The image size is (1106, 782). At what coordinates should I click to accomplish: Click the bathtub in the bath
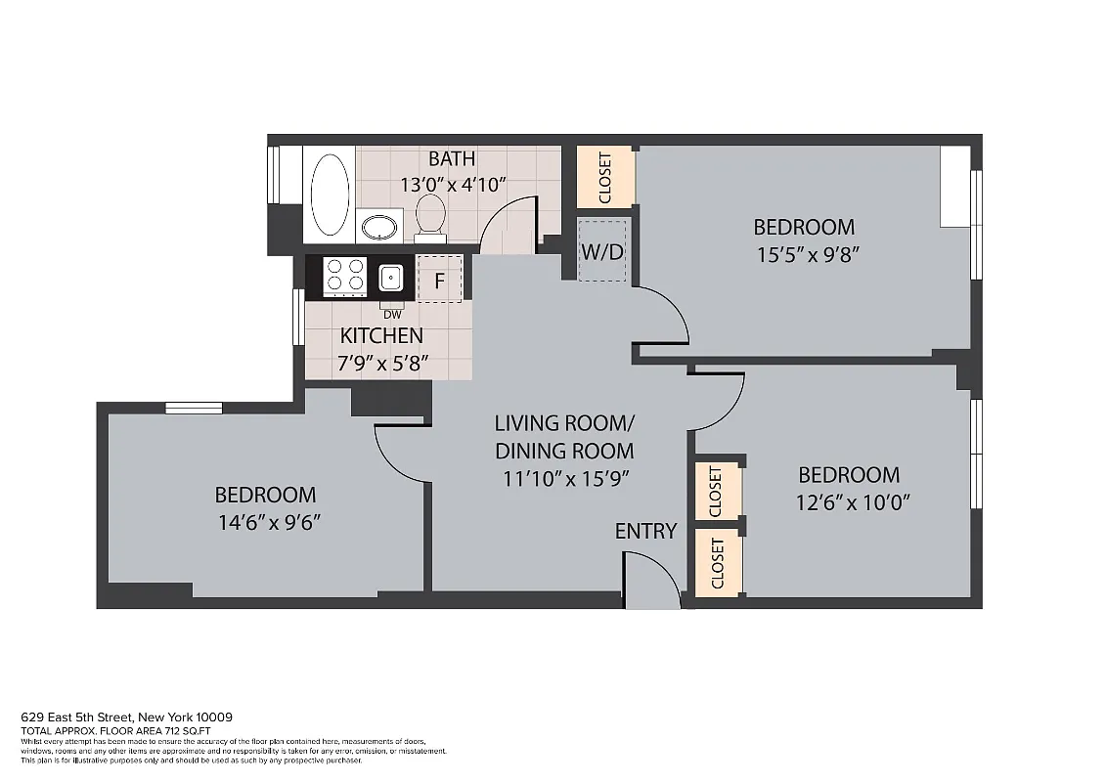pos(330,193)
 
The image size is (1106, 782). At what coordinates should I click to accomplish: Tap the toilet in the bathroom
pos(430,215)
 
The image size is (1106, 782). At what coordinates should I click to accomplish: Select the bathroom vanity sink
pos(378,228)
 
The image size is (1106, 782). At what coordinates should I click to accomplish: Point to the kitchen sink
pos(391,279)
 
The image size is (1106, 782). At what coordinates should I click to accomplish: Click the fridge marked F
pos(439,281)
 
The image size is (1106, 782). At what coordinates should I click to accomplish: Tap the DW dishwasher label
pos(392,315)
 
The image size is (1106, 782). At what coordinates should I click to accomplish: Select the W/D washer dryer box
pos(601,251)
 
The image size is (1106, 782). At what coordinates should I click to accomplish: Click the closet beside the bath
pos(604,177)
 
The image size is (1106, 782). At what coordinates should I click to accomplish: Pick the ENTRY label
pos(645,531)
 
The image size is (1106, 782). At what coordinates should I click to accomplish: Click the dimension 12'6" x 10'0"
pos(849,503)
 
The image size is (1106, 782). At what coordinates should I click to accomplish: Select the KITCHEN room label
pos(381,336)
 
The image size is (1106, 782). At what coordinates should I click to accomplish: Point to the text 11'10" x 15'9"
pos(563,479)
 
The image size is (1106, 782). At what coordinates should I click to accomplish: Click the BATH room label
pos(452,158)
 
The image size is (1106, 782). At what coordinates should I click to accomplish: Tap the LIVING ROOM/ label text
pos(564,423)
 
